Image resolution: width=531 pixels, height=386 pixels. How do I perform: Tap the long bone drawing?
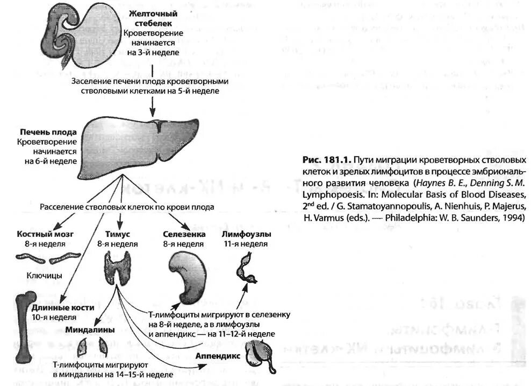tap(25, 326)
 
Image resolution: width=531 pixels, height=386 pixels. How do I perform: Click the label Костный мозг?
tap(46, 235)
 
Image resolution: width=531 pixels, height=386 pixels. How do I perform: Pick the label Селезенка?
tap(183, 235)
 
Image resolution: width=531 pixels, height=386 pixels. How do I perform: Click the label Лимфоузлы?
tap(246, 235)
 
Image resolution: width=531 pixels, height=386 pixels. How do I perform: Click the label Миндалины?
tap(90, 329)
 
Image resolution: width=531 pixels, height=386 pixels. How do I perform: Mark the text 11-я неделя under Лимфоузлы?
tap(246, 244)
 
